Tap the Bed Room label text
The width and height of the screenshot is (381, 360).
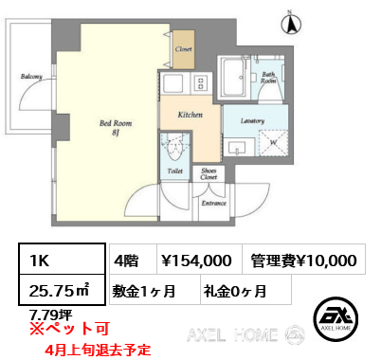(115, 123)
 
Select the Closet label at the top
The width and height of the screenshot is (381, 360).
(184, 47)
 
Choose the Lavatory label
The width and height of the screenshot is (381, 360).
(251, 120)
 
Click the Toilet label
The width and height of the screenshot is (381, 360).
(174, 171)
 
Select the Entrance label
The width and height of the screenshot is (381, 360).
(212, 202)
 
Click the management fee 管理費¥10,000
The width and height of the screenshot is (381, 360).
(305, 260)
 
